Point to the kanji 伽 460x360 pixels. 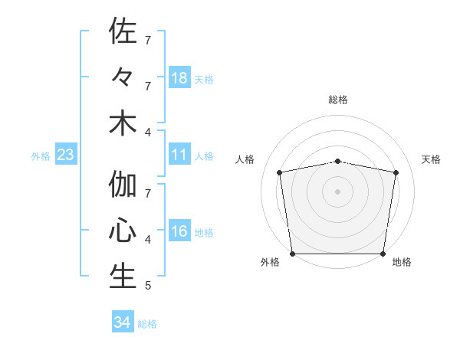tap(123, 185)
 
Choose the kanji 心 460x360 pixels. tap(123, 231)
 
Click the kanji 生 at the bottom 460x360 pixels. tap(123, 277)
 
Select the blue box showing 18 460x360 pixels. tap(179, 78)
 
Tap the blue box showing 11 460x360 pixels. tap(179, 155)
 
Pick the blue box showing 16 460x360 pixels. tap(179, 232)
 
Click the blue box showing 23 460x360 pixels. tap(66, 155)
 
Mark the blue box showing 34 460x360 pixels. tap(122, 322)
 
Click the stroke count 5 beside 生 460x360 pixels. tap(148, 286)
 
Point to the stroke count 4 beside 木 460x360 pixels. tap(148, 133)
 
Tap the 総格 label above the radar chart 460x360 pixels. tap(337, 100)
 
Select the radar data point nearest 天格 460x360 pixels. tap(396, 172)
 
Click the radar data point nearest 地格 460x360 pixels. tap(383, 254)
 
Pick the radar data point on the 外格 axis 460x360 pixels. tap(292, 254)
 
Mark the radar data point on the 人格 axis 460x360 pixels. tap(280, 172)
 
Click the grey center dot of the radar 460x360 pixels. tap(337, 191)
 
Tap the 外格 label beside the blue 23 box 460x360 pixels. tap(41, 156)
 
